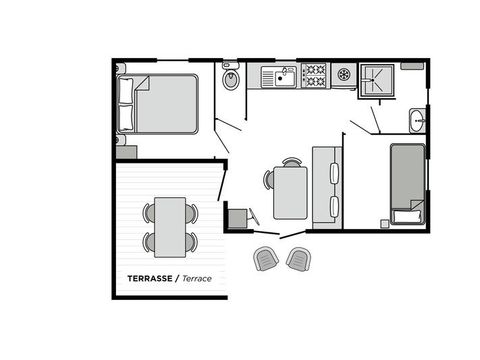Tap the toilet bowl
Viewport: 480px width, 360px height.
(231, 78)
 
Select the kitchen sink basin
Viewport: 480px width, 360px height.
(285, 76)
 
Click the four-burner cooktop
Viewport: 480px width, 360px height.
(315, 75)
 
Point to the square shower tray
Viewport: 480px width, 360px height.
(378, 79)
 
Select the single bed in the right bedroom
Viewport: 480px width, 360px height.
(406, 185)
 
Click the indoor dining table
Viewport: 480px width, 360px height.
(291, 191)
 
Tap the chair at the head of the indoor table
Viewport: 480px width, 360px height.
(291, 161)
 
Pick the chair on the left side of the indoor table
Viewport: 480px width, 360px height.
(268, 179)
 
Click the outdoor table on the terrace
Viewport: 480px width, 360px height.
(170, 226)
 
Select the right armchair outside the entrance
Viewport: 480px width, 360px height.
(298, 258)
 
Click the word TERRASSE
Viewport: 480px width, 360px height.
(148, 277)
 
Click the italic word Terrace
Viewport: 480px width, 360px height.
(198, 277)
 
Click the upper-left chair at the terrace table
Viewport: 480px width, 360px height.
(149, 212)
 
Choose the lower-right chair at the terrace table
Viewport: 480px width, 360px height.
(191, 242)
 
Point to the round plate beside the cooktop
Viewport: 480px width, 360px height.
(344, 74)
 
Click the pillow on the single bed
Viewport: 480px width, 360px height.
(406, 215)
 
